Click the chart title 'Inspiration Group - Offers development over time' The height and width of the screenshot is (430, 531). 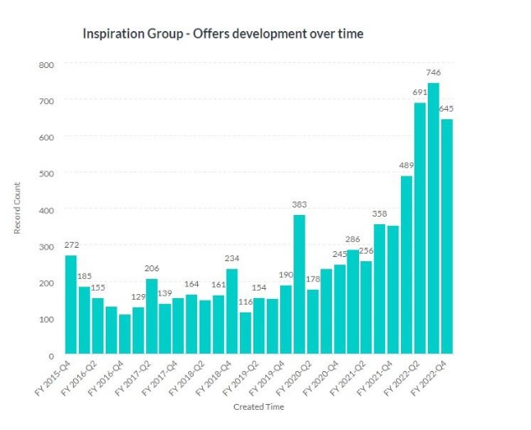(x=222, y=34)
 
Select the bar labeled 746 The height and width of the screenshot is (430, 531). (x=433, y=218)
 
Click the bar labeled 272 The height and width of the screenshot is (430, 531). (x=70, y=304)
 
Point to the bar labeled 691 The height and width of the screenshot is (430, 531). (x=419, y=228)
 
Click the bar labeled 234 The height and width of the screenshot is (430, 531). (x=232, y=311)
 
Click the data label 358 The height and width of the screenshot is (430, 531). (x=379, y=213)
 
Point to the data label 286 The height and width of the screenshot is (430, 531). (x=352, y=239)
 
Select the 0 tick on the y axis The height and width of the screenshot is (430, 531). (x=50, y=354)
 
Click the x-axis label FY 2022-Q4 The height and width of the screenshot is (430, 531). (x=433, y=375)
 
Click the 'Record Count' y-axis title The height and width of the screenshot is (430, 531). (x=18, y=210)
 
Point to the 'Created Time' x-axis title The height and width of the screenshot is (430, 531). (x=258, y=407)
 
